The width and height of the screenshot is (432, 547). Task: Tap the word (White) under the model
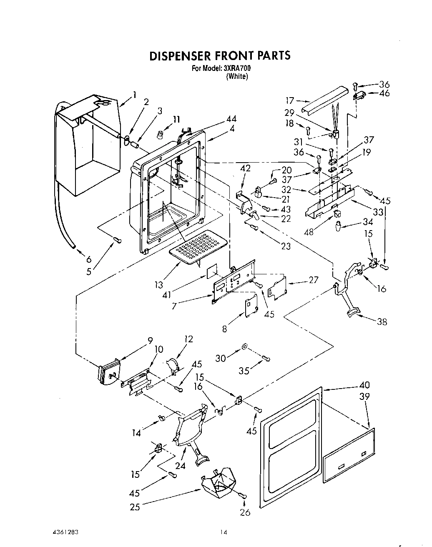pyautogui.click(x=237, y=77)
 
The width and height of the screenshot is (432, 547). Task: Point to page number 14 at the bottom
pyautogui.click(x=224, y=532)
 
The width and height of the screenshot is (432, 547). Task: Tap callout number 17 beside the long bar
pyautogui.click(x=290, y=100)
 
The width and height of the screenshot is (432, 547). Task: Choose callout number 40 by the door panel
pyautogui.click(x=364, y=385)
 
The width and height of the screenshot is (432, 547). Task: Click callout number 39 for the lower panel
pyautogui.click(x=364, y=396)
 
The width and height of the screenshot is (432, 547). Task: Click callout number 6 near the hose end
pyautogui.click(x=89, y=259)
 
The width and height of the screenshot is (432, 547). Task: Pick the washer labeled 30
pyautogui.click(x=244, y=346)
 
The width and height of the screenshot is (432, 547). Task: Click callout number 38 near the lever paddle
pyautogui.click(x=382, y=321)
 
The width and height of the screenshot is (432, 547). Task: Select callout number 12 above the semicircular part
pyautogui.click(x=188, y=339)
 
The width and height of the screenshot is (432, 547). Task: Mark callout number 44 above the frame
pyautogui.click(x=231, y=120)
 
